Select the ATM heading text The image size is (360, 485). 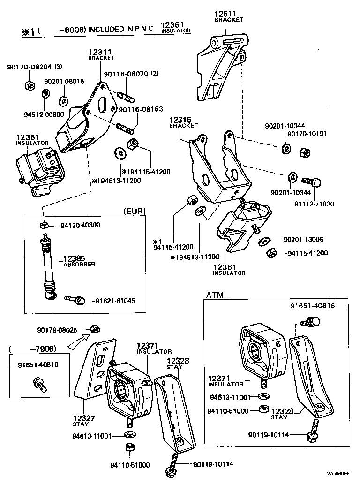tap(215, 295)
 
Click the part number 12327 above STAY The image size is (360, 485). tap(84, 418)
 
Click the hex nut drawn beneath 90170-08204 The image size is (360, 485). tap(28, 85)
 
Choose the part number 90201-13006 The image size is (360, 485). tap(304, 239)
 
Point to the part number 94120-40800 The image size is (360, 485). tap(80, 225)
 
